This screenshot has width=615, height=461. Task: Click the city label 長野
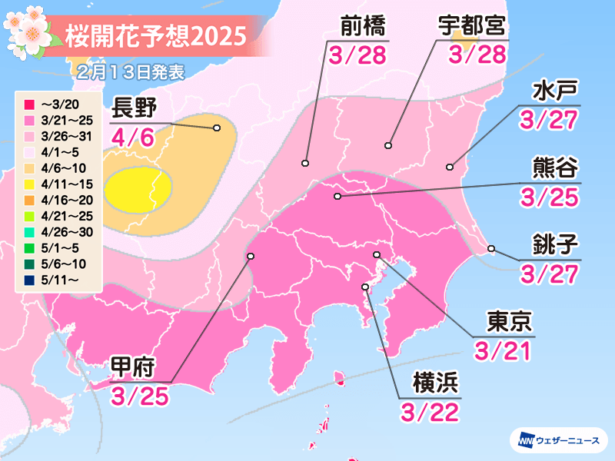(x=138, y=107)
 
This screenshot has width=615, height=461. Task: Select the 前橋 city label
(x=361, y=25)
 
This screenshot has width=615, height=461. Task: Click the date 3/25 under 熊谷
(x=548, y=197)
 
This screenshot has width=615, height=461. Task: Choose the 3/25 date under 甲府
(x=139, y=397)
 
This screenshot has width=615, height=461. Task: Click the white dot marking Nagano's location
(x=217, y=128)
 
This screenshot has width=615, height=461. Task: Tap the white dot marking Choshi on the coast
(x=491, y=248)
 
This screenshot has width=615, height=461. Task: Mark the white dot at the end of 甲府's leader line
(x=250, y=257)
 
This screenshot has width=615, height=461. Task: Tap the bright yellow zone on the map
(x=138, y=190)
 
